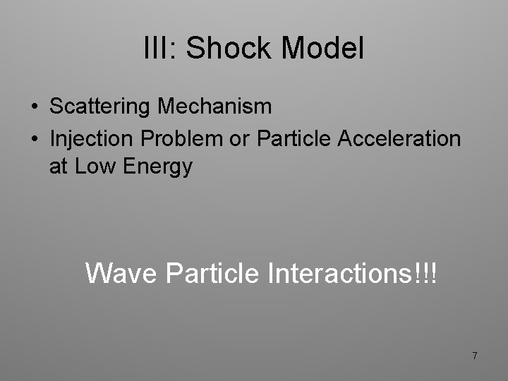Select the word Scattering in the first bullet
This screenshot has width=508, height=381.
point(101,107)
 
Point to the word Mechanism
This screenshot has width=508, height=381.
point(214,107)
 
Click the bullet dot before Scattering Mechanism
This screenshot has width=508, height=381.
point(35,107)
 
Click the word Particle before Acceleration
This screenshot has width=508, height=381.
point(296,138)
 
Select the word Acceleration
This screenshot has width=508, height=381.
point(399,138)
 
